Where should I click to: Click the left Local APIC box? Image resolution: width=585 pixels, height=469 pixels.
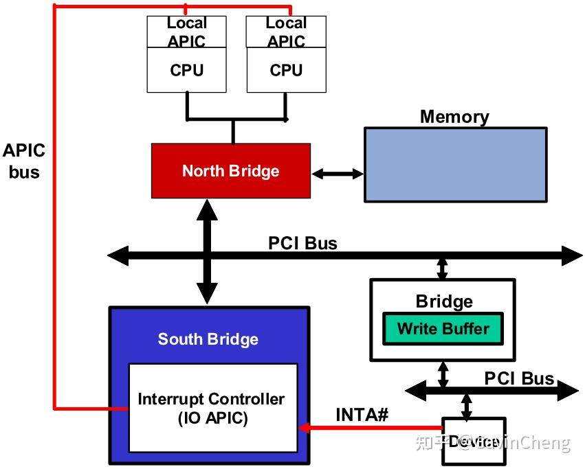186,32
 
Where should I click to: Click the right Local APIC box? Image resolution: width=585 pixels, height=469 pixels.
286,32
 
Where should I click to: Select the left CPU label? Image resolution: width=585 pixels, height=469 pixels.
187,70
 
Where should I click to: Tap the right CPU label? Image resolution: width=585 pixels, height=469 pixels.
286,70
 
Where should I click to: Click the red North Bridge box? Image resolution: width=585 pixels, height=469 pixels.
231,171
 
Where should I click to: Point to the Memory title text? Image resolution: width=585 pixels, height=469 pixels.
454,117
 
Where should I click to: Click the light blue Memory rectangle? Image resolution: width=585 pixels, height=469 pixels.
455,165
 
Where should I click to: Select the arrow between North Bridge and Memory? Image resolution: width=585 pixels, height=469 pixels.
337,174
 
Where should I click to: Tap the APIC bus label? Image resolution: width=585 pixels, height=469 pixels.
24,161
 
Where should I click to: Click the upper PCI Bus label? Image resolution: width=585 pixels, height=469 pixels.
302,243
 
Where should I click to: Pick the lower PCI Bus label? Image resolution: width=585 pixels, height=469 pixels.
519,378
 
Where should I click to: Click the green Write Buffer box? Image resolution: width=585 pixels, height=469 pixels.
443,329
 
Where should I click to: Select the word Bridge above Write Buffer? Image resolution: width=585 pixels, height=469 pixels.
444,301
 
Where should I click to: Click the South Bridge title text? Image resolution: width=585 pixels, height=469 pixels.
208,339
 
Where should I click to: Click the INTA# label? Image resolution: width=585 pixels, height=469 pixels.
362,415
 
